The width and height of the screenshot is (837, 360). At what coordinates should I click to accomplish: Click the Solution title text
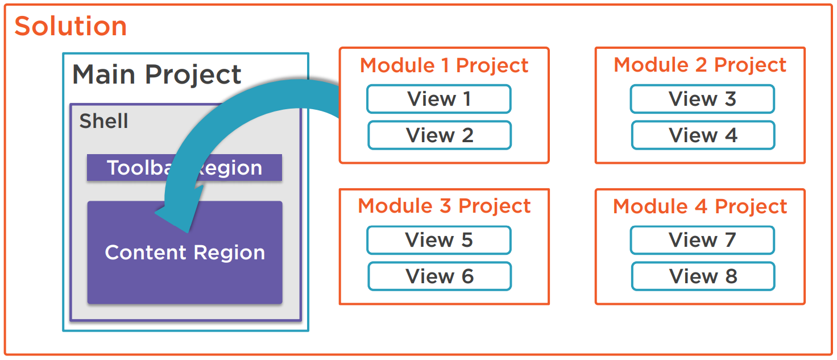coord(71,26)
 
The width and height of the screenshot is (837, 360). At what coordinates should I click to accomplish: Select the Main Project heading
coord(157,75)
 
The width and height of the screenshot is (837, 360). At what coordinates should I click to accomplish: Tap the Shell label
coord(103,121)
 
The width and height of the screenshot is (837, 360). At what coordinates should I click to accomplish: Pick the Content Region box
coord(185,267)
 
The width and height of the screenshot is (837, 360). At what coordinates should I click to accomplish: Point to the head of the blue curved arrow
coord(173,219)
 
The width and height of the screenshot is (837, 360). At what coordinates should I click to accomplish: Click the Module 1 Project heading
coord(444,65)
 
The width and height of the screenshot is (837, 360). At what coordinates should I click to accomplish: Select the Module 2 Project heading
coord(700,65)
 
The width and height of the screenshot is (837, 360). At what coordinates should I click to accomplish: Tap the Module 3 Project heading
coord(444,206)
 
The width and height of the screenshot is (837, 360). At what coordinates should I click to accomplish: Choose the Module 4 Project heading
coord(700,206)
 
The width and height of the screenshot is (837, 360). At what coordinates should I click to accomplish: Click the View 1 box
coord(439,99)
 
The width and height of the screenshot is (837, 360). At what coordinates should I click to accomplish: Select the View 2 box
coord(440,135)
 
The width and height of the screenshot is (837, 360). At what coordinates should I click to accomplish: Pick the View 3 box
coord(702,99)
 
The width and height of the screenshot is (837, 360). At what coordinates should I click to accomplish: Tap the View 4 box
coord(703,135)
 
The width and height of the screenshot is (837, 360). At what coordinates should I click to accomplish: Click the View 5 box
coord(439,240)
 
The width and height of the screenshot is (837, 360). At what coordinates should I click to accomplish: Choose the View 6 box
coord(440,276)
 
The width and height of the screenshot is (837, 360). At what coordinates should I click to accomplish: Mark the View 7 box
coord(702,240)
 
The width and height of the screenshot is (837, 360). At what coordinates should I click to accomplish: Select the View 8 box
coord(703,276)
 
